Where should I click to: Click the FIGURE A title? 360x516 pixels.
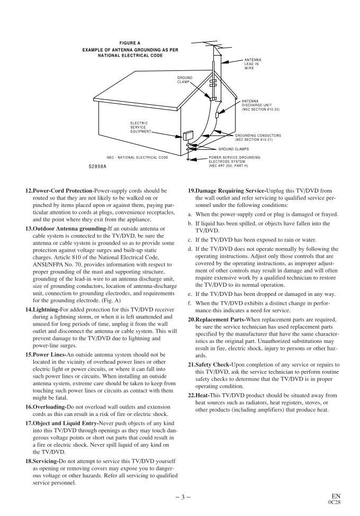pos(130,42)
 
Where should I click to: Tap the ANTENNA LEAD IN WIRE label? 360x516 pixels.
pos(253,64)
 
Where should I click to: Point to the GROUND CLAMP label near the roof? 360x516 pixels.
pos(185,80)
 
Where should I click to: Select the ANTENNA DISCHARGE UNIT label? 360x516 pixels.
pos(260,105)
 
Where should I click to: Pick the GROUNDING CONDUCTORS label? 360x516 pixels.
pos(257,137)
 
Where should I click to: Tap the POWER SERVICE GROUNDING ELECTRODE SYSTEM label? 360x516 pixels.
pos(234,161)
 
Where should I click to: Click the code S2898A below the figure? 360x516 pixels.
pos(97,166)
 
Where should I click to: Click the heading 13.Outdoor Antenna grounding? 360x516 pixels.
pos(66,229)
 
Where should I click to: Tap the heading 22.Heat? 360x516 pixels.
pos(203,395)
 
